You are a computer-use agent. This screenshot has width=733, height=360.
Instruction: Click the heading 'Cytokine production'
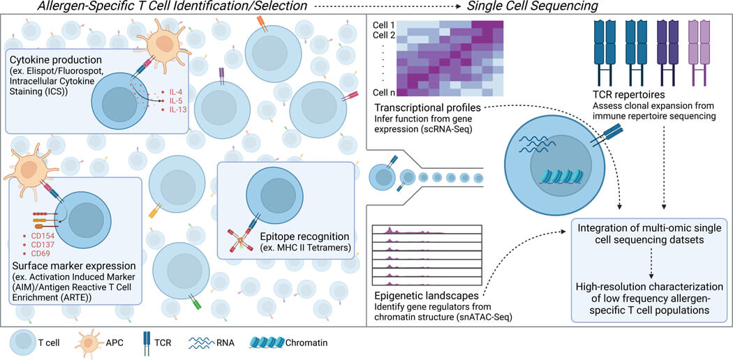(x=61, y=61)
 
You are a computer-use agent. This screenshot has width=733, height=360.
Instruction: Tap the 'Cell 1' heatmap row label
(x=383, y=26)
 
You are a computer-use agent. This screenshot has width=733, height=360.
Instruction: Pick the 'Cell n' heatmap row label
(x=383, y=92)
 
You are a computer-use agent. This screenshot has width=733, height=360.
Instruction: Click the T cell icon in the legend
(x=24, y=343)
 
